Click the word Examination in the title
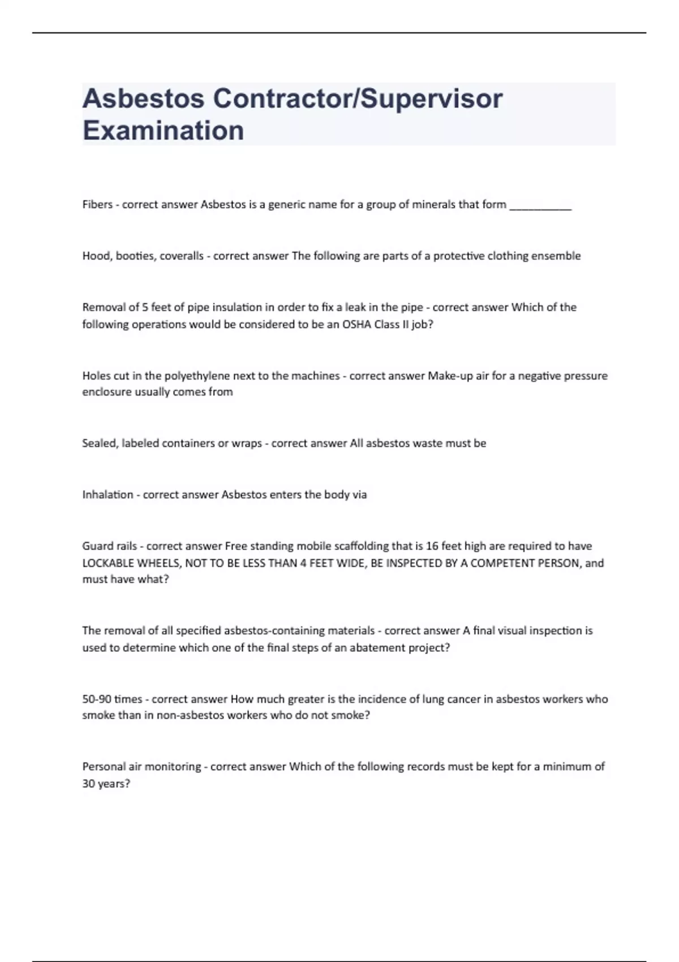[x=163, y=130]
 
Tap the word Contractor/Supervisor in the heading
[x=358, y=98]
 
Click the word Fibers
[x=97, y=204]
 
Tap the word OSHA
[x=356, y=324]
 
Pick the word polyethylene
[x=197, y=376]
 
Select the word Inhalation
[x=108, y=495]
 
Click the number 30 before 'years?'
[x=89, y=784]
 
